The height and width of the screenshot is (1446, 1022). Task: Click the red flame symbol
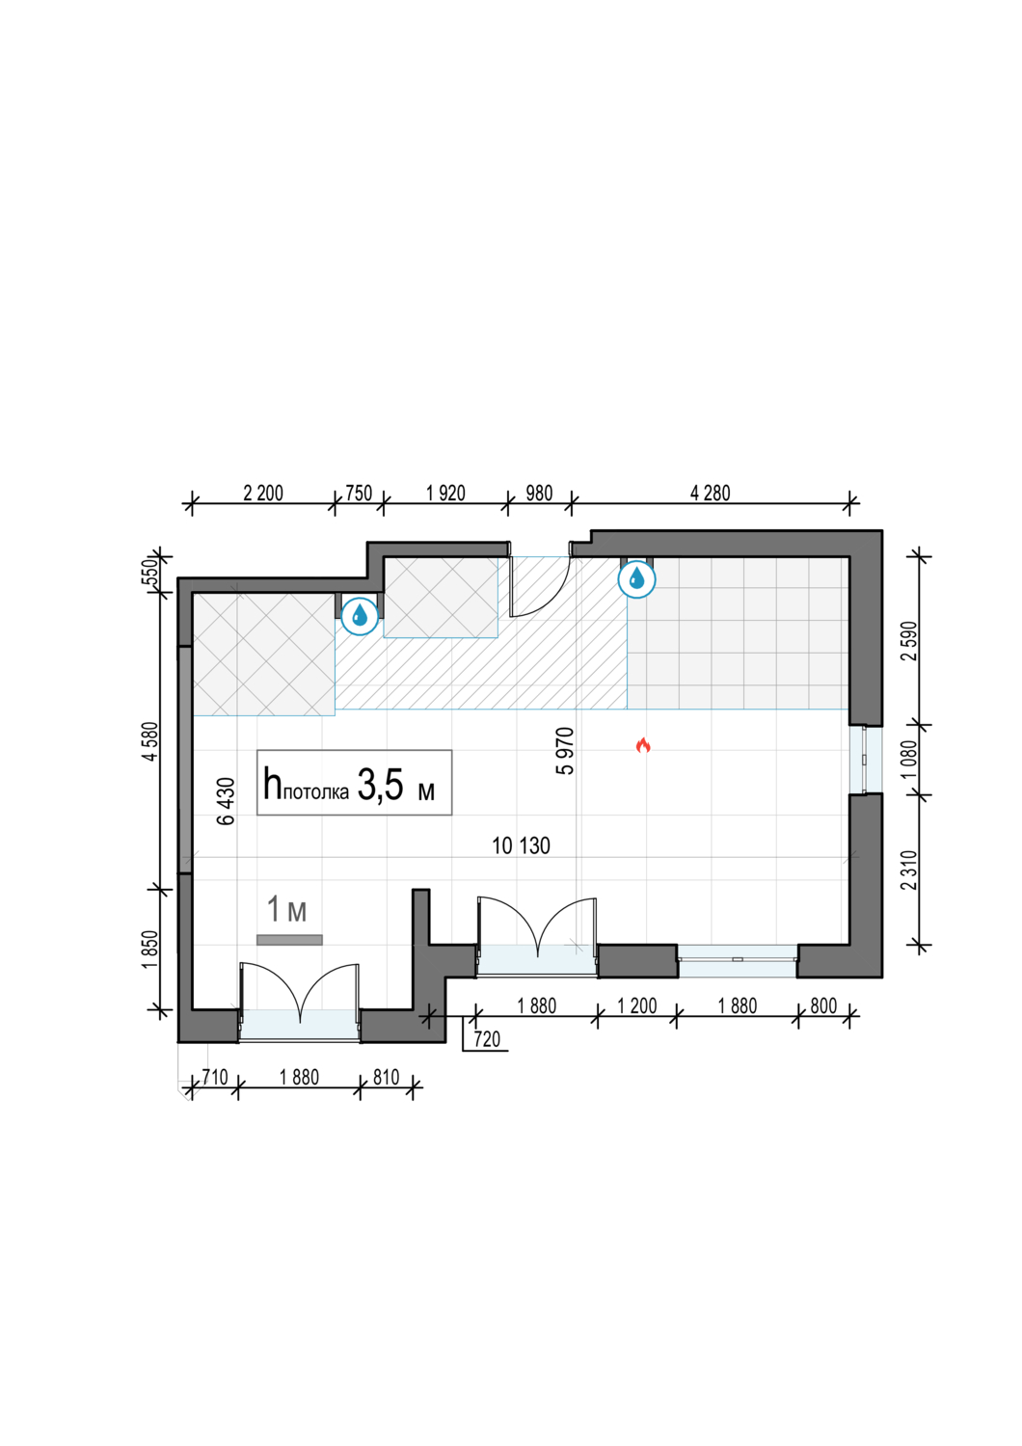(x=642, y=745)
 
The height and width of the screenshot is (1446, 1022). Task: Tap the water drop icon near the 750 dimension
(x=360, y=615)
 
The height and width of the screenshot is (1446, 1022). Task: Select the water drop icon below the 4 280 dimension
(x=636, y=578)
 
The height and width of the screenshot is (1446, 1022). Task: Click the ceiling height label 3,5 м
(x=395, y=786)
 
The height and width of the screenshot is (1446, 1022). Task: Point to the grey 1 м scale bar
(x=289, y=940)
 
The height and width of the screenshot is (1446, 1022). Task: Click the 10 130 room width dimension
(x=521, y=845)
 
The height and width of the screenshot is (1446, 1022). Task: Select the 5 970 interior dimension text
(x=565, y=751)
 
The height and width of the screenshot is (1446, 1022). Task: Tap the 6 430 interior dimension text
(x=226, y=801)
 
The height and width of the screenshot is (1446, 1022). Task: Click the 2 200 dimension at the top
(x=263, y=494)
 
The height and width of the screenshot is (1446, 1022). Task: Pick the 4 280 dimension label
(x=711, y=494)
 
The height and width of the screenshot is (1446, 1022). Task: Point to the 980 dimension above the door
(x=539, y=494)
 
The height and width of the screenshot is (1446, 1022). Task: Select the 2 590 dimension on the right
(x=909, y=640)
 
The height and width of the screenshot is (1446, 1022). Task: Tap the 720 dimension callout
(x=487, y=1039)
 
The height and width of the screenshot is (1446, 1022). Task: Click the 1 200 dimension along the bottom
(x=636, y=1005)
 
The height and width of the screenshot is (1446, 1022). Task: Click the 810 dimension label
(x=386, y=1078)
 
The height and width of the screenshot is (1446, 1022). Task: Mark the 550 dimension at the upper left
(x=150, y=572)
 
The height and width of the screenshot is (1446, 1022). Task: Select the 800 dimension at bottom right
(x=823, y=1005)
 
